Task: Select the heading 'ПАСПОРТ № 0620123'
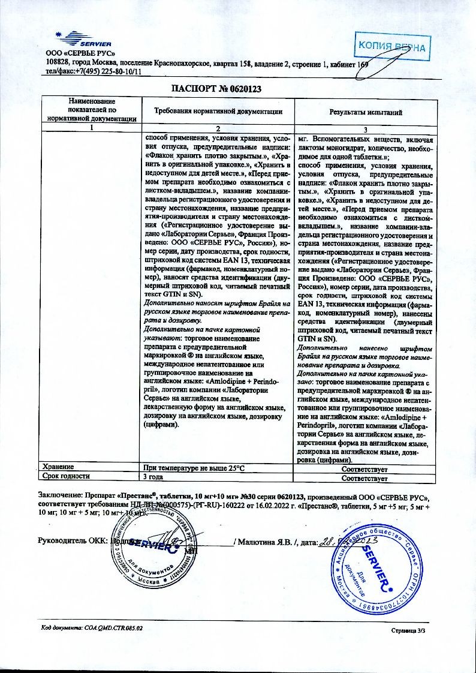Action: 217,89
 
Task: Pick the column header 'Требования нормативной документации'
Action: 218,112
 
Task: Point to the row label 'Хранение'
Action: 58,467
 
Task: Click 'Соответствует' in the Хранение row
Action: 364,468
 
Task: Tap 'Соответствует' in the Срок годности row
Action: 364,478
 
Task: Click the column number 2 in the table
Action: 218,128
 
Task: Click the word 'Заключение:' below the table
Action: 59,497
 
